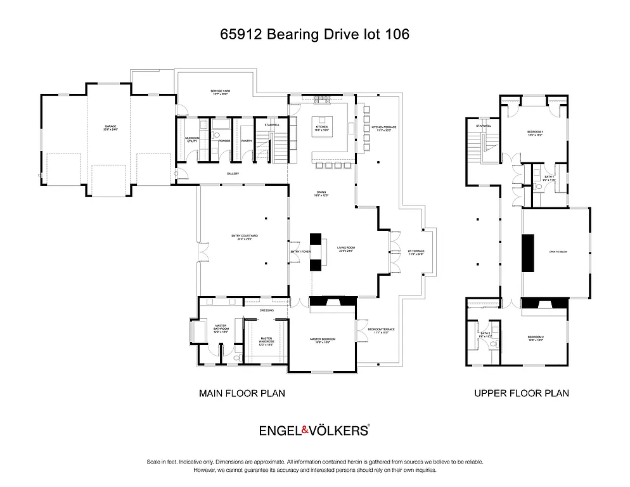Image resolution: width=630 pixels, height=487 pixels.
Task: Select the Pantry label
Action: [247, 141]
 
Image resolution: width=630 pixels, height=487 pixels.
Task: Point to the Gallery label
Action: [233, 173]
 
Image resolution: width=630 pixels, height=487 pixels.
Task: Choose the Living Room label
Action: [345, 250]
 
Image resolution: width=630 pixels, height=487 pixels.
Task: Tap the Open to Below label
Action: [558, 252]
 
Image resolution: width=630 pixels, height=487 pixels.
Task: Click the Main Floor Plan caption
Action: [242, 393]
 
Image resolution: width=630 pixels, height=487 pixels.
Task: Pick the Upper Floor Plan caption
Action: [522, 393]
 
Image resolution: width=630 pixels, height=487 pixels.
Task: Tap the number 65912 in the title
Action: [241, 34]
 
